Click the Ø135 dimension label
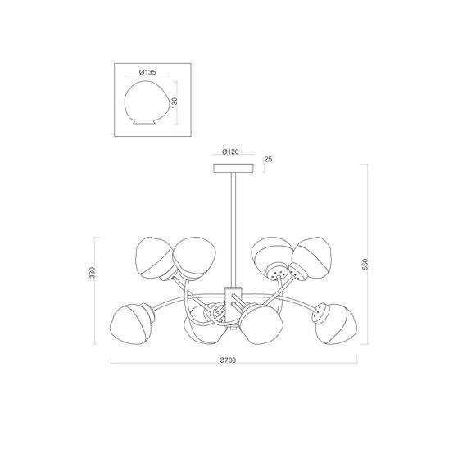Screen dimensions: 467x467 [x=147, y=72]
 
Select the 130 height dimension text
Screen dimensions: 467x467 [x=175, y=102]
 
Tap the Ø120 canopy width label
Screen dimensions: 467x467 [x=230, y=152]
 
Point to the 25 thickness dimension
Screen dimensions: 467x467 [x=269, y=159]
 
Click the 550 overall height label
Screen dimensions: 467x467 [x=365, y=264]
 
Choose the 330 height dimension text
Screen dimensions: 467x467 [x=93, y=273]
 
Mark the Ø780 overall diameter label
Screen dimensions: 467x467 [x=228, y=360]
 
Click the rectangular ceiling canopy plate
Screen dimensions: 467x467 [x=233, y=168]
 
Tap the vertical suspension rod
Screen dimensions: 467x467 [x=233, y=230]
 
